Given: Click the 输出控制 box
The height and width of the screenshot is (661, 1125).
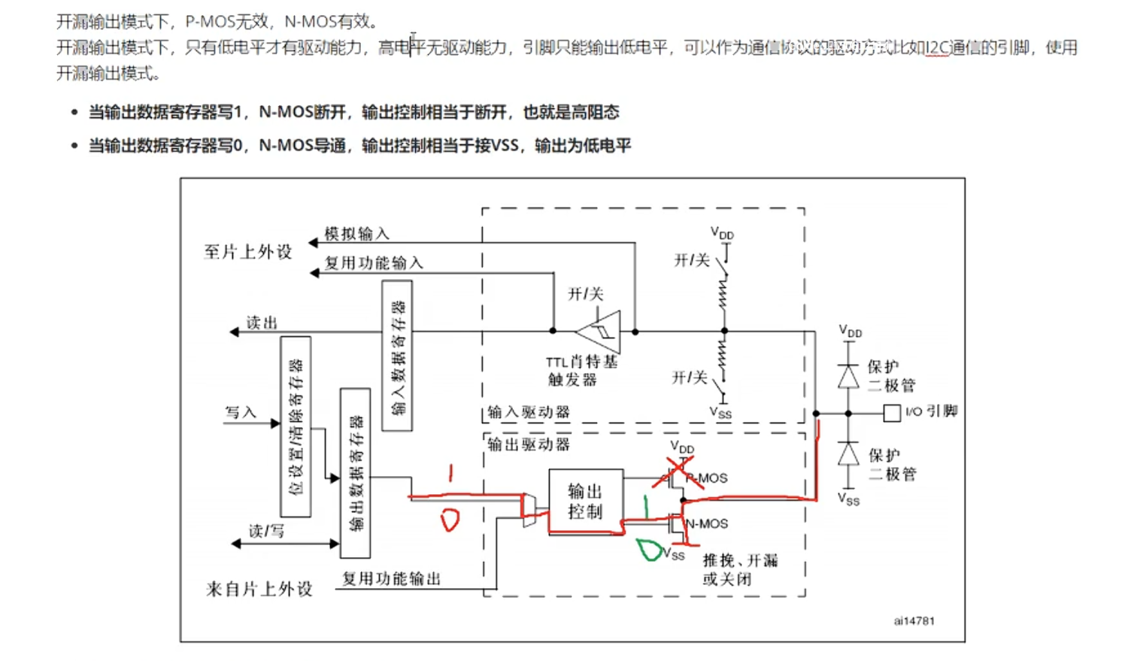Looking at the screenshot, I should (x=586, y=502).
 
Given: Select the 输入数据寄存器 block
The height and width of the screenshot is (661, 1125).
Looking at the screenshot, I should (x=397, y=356).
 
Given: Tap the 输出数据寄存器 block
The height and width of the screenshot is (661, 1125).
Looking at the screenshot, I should (x=355, y=473).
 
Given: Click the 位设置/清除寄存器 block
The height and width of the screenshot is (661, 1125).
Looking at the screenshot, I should (x=296, y=426).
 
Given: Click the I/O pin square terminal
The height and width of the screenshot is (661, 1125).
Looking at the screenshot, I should (x=892, y=413).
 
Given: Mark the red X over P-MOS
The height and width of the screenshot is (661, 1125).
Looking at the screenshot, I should (x=677, y=475).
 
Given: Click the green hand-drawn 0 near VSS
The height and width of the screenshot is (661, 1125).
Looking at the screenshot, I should (x=647, y=550).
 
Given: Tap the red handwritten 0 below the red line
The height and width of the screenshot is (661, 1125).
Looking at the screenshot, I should (x=450, y=520).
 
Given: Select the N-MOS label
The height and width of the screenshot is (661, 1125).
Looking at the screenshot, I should (x=708, y=523).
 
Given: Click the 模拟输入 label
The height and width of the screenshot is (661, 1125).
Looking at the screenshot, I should (x=356, y=234).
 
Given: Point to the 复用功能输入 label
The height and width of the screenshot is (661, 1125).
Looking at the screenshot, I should (x=374, y=262).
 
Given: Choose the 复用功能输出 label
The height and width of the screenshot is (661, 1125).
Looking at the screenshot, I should (x=391, y=578).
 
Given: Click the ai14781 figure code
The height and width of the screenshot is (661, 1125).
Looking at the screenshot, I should (x=914, y=620).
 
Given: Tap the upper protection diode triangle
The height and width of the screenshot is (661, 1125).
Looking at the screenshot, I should (x=849, y=376).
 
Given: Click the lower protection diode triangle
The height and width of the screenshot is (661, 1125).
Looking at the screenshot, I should (x=849, y=454).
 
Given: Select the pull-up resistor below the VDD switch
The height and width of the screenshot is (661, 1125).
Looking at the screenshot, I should (x=723, y=294).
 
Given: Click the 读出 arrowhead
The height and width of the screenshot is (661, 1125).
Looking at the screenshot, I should (x=234, y=332).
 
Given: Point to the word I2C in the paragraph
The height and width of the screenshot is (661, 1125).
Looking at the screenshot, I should (x=937, y=47).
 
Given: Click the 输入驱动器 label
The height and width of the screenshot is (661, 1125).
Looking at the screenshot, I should (x=529, y=412).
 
